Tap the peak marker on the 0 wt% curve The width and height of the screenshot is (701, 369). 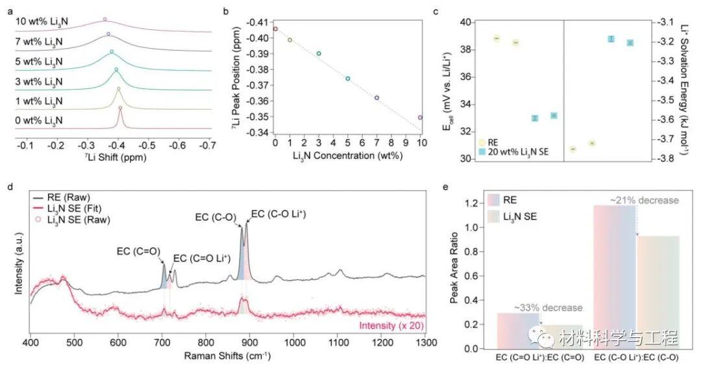[x=120, y=108]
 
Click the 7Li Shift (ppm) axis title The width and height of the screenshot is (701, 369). [x=116, y=157]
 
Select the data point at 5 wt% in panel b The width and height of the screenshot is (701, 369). [x=348, y=79]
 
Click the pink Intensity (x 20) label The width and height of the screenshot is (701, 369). [x=393, y=322]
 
